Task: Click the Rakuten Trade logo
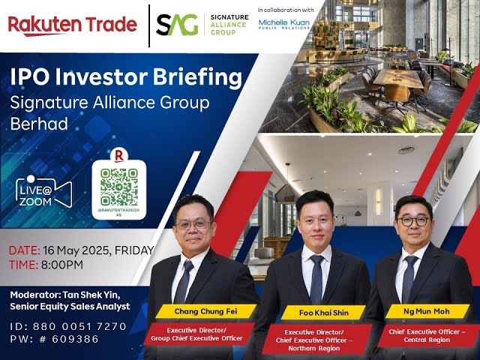[x=72, y=25]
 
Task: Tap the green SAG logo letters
[x=177, y=25]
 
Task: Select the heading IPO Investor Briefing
[x=125, y=78]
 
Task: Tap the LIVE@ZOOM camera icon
[x=43, y=193]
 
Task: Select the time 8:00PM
[x=67, y=265]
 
